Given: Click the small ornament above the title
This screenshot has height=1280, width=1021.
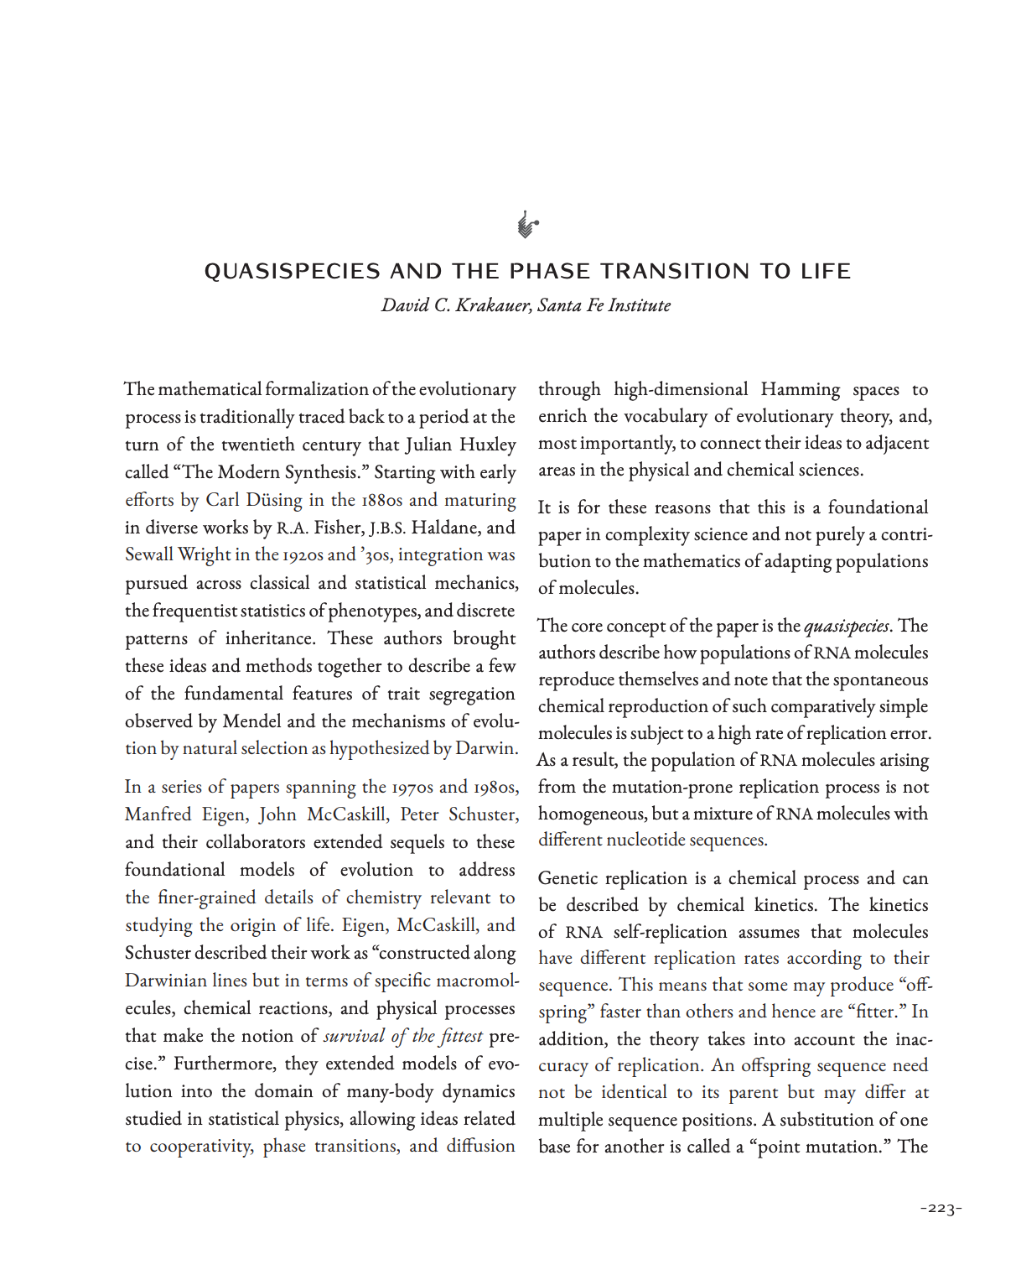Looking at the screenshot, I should (526, 225).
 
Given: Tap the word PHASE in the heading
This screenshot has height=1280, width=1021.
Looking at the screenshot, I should (549, 272).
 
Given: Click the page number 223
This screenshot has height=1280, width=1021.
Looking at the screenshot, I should (941, 1209).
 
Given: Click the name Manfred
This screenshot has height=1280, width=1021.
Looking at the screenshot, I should (158, 814).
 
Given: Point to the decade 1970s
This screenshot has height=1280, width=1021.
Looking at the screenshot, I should (412, 787).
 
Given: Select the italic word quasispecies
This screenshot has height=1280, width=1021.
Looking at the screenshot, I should (846, 626).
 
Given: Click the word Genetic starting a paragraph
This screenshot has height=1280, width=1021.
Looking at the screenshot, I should (570, 878).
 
